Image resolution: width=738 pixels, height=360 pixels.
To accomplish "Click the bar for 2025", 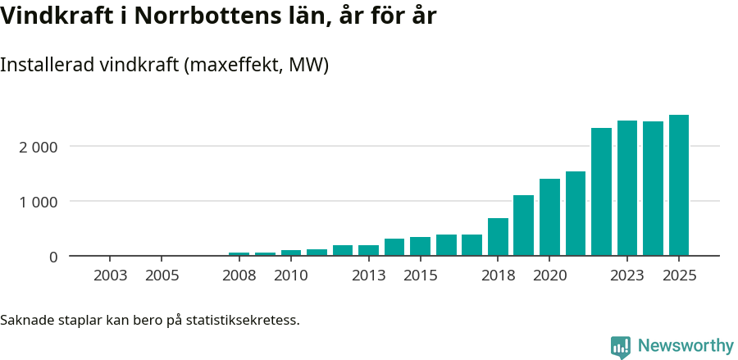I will (x=678, y=185).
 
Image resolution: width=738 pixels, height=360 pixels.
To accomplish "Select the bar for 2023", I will (x=626, y=188).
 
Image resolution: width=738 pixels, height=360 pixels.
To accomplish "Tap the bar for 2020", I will (x=549, y=217).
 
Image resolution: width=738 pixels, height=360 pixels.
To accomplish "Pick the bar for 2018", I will (x=498, y=237).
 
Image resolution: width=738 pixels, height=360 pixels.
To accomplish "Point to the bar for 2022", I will (x=601, y=192).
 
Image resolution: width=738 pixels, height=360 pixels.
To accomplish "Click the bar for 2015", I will (x=420, y=247).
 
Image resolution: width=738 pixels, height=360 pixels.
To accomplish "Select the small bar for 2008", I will (x=239, y=254).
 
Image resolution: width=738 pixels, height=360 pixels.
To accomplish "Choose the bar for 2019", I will (x=523, y=226).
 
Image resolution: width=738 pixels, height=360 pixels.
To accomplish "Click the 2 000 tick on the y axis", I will (x=38, y=147).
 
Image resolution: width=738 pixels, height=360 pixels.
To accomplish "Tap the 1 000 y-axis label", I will (x=38, y=202).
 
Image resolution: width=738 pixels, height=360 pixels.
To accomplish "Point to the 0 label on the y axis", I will (x=53, y=257).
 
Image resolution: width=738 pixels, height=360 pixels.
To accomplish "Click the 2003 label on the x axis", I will (x=110, y=276).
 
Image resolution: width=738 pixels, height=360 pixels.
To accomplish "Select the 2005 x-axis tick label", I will (x=162, y=276).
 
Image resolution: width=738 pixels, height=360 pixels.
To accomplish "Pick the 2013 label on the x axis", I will (x=368, y=276).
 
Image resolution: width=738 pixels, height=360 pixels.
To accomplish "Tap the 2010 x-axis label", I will (x=291, y=276).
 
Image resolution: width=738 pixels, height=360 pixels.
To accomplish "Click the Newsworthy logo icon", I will (x=621, y=346).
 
